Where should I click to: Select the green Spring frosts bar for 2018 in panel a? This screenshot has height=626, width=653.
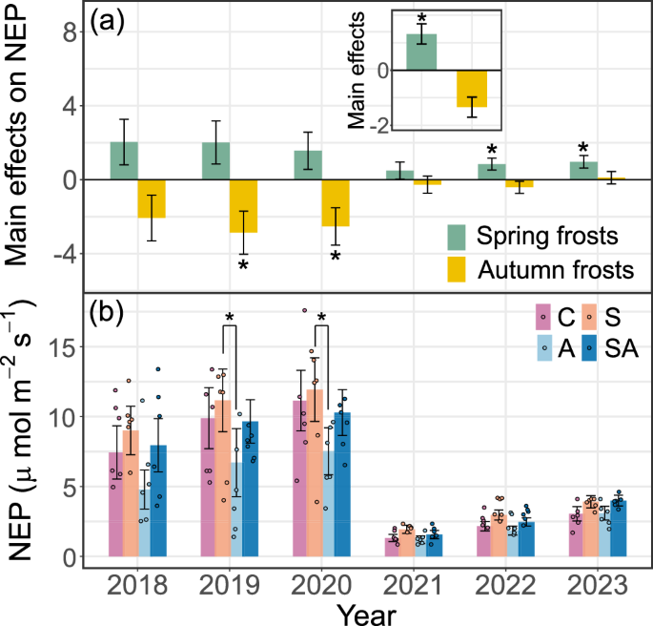124,160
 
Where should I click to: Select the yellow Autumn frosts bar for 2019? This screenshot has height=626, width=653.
243,206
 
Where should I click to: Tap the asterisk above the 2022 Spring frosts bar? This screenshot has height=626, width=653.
492,151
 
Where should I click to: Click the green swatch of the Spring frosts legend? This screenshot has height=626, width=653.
467,235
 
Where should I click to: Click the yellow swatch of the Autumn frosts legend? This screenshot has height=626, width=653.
467,270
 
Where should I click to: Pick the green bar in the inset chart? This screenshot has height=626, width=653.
421,52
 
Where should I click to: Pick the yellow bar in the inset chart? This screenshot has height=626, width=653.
471,88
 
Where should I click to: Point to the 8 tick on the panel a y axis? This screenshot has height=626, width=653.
67,31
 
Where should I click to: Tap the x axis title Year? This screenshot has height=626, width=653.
367,612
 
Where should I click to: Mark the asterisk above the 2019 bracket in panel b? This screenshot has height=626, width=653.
229,319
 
